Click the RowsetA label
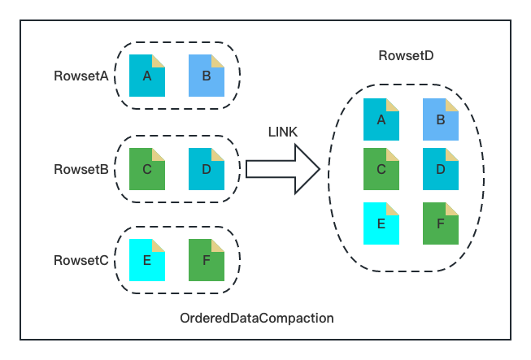point(81,76)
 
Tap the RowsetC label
point(81,260)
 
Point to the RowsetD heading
point(406,55)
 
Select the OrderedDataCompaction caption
point(256,318)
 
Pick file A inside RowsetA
point(147,76)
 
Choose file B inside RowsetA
point(206,76)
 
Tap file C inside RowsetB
point(147,168)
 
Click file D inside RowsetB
point(206,168)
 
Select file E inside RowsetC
point(147,260)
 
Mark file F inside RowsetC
point(206,260)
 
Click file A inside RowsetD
point(381,120)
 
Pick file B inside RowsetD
point(440,120)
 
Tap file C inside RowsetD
point(381,170)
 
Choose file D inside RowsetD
point(440,170)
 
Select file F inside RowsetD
point(440,223)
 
